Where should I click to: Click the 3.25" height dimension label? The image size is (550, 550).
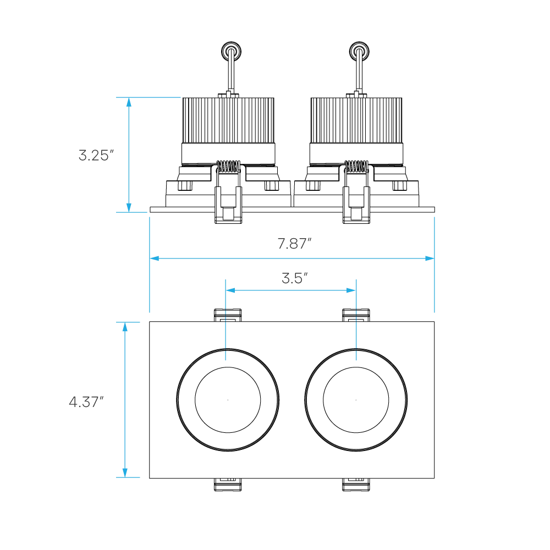coord(96,155)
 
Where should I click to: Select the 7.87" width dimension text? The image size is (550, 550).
coord(294,244)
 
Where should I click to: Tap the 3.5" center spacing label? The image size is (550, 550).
coord(294,278)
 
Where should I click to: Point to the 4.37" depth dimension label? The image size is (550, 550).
coord(86,402)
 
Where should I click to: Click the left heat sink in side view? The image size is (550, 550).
coord(228,120)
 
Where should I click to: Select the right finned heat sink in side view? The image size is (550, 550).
coord(356,120)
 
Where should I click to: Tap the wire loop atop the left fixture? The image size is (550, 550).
coord(230,52)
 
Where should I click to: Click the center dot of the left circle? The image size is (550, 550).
coord(228,400)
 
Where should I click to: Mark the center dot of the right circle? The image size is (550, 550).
coord(356,400)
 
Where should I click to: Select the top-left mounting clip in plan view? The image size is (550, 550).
coord(228,315)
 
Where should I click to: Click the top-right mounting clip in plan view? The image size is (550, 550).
coord(356,315)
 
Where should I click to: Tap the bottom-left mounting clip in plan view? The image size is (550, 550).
coord(228,484)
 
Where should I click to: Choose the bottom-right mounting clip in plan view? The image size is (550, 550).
coord(356,484)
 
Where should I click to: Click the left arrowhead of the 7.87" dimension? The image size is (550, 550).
coord(154,258)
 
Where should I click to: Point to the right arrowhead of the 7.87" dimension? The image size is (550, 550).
coord(430,258)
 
